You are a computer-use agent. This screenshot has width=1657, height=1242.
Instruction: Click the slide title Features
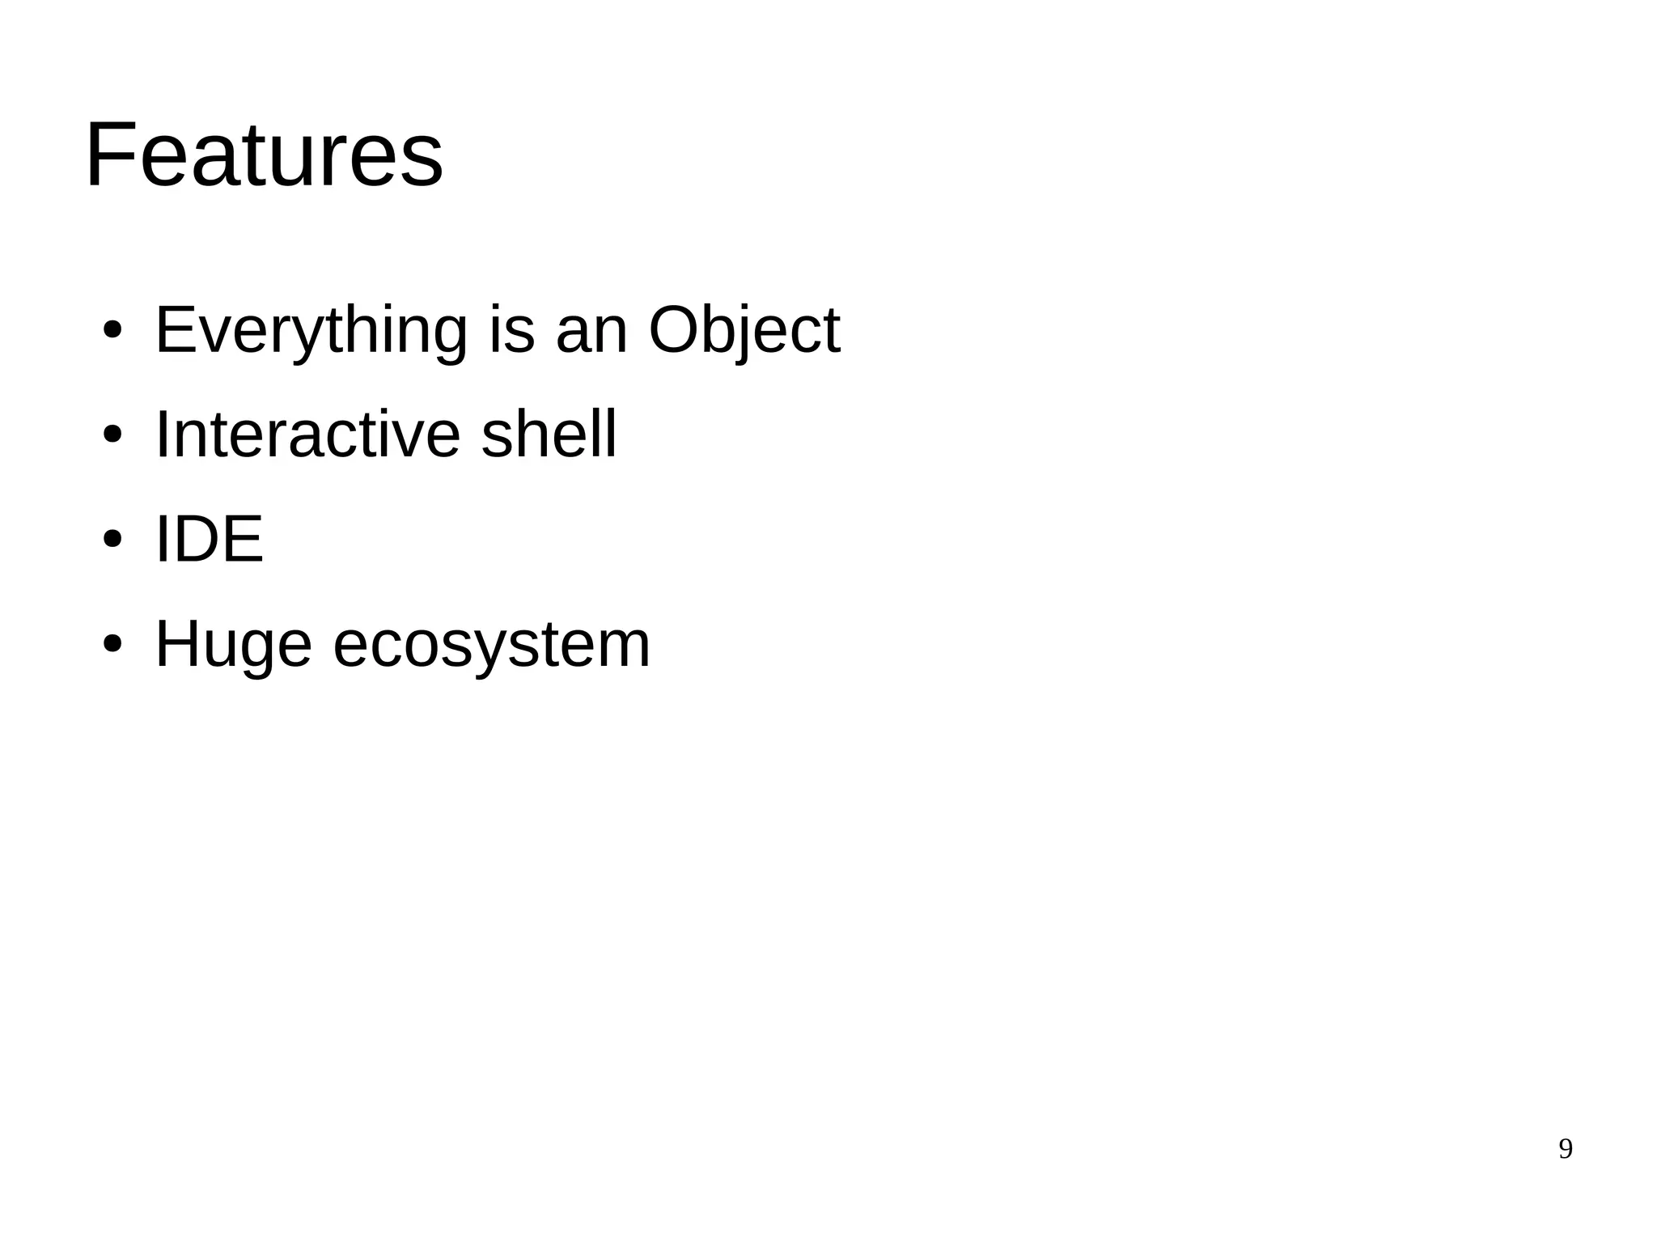(x=264, y=155)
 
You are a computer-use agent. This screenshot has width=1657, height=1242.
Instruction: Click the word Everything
(x=311, y=330)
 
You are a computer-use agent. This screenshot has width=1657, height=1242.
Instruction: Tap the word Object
(x=744, y=330)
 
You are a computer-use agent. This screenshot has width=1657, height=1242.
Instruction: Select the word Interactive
(x=307, y=434)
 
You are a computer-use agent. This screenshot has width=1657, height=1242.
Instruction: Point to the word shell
(x=549, y=434)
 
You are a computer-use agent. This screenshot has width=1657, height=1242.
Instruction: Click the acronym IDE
(x=209, y=539)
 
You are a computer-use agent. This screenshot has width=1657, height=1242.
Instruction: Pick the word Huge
(x=233, y=644)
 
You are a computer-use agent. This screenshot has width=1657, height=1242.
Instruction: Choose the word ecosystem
(x=491, y=644)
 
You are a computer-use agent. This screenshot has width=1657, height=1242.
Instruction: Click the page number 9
(x=1565, y=1149)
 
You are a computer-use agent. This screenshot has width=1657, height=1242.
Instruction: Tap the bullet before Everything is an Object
(x=112, y=331)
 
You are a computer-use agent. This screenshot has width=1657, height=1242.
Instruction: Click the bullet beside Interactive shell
(x=112, y=436)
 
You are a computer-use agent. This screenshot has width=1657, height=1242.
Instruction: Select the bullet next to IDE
(x=112, y=540)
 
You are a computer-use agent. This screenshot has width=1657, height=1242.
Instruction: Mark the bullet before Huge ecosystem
(x=112, y=645)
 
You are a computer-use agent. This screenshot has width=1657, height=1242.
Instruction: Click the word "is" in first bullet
(x=511, y=330)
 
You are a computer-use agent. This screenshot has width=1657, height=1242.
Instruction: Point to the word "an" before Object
(x=592, y=330)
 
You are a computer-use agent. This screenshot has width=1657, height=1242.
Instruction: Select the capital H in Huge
(x=177, y=644)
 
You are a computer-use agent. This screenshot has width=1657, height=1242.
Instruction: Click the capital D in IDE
(x=197, y=539)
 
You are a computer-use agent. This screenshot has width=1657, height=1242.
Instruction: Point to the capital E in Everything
(x=174, y=330)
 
